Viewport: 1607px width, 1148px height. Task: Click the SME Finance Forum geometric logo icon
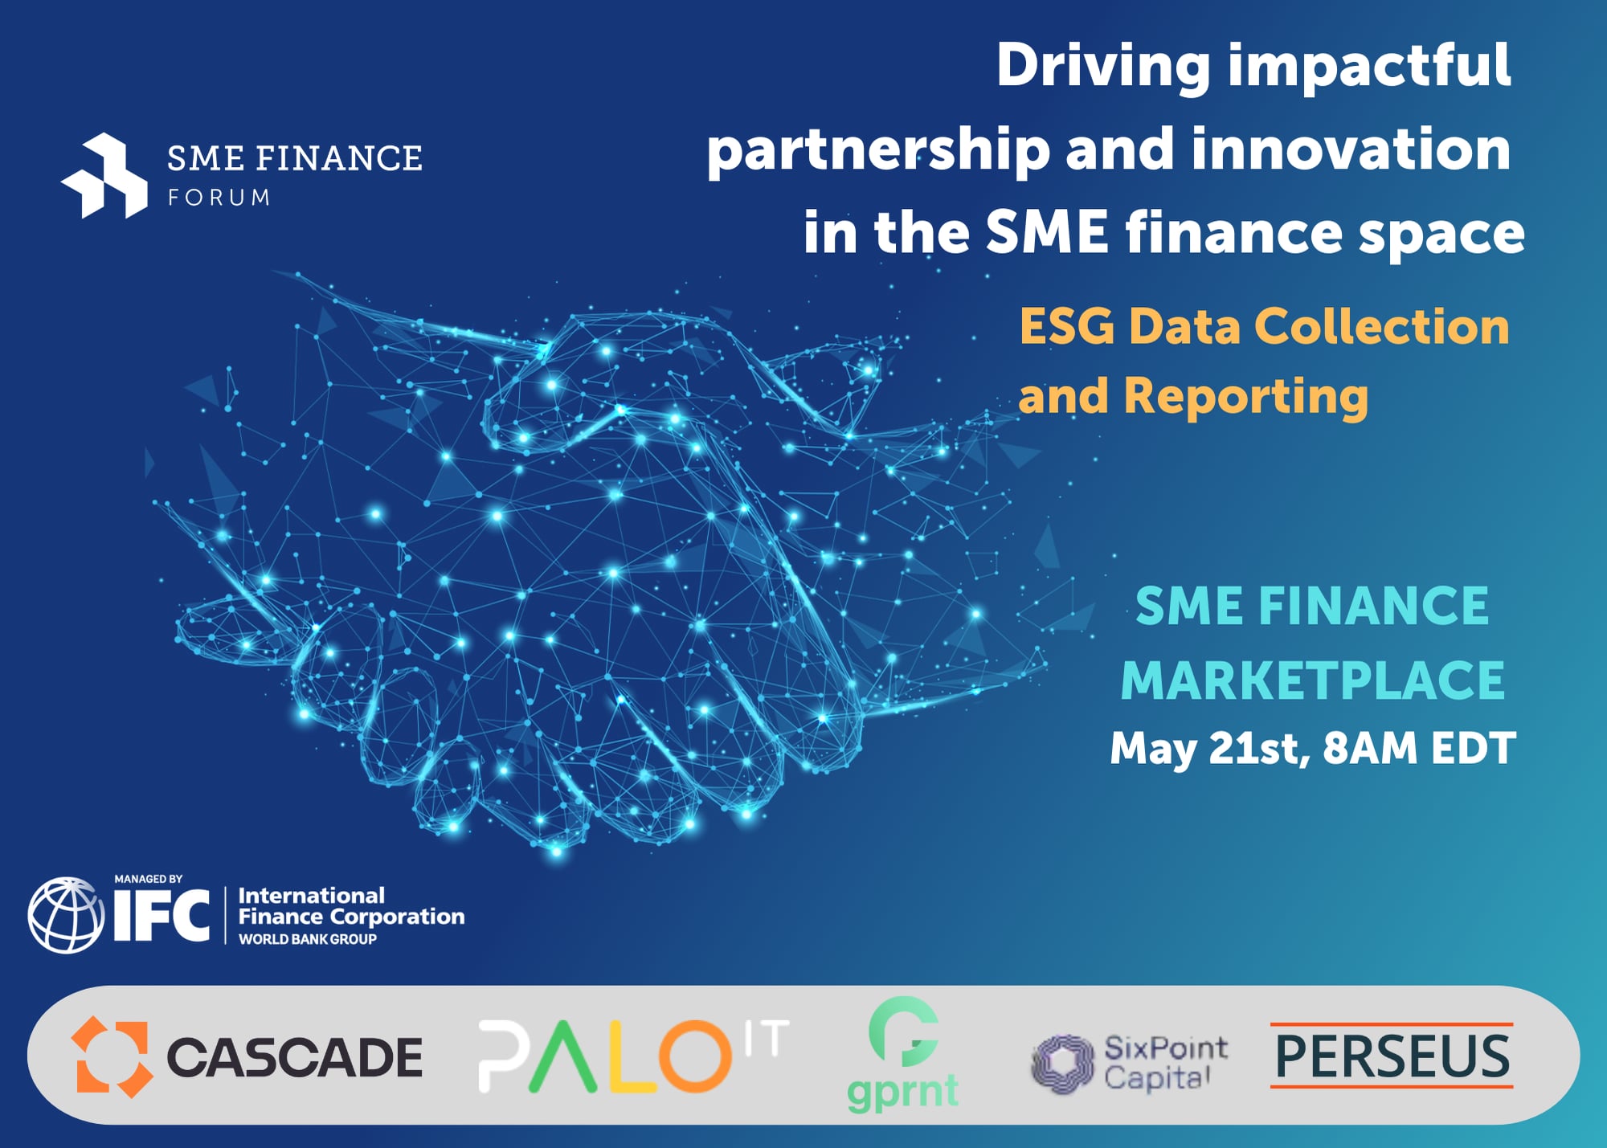click(x=105, y=176)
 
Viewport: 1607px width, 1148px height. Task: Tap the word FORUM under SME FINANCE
click(x=219, y=198)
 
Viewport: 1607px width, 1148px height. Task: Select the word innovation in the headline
click(x=1351, y=149)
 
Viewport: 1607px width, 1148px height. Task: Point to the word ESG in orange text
click(x=1067, y=327)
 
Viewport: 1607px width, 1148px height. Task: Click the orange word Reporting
click(x=1245, y=397)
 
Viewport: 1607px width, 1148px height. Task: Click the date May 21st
click(x=1210, y=749)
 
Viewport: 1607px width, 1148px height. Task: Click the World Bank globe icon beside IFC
click(x=66, y=915)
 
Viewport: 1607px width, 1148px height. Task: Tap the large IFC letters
click(x=162, y=916)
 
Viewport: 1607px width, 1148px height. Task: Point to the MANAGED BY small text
click(x=148, y=879)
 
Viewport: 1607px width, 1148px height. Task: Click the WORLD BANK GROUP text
click(x=308, y=939)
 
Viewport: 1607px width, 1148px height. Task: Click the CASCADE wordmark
click(x=294, y=1057)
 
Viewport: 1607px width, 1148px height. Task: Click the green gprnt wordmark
click(x=902, y=1091)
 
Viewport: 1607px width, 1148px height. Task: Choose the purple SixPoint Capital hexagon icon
click(x=1062, y=1063)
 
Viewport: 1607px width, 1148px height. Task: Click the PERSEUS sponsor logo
click(x=1392, y=1056)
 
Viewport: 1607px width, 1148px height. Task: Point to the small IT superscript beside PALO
click(x=767, y=1038)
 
